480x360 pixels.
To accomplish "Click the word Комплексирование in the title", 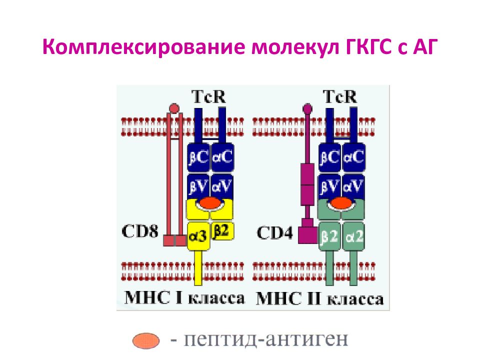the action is point(144,47).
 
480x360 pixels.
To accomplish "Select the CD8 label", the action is point(140,231).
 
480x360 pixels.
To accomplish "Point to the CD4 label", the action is point(274,232).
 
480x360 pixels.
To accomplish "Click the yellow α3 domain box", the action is point(198,236).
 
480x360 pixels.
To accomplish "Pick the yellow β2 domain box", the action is point(222,230).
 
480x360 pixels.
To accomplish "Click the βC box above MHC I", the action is point(198,157).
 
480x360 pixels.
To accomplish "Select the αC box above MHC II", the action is point(354,157).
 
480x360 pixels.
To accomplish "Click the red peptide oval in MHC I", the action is point(210,203).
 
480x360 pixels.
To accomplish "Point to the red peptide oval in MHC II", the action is point(341,203).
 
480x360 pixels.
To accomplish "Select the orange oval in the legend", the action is point(146,340).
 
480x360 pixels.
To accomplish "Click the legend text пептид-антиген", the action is point(265,339).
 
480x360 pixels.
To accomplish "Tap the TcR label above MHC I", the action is point(209,96).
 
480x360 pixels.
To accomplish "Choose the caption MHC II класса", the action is point(319,299).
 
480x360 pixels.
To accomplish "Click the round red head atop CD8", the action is point(174,108).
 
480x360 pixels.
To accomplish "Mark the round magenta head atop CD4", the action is point(307,108).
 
